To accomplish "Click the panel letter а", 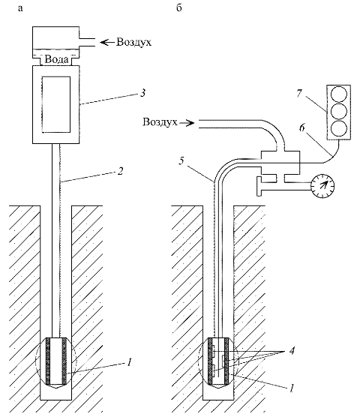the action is pyautogui.click(x=20, y=8).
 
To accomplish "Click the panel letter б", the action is pyautogui.click(x=179, y=7).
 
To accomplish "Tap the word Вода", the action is pyautogui.click(x=56, y=59).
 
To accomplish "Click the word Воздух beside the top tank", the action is pyautogui.click(x=133, y=42).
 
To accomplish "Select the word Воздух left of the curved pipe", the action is pyautogui.click(x=160, y=122).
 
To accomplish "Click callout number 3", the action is pyautogui.click(x=142, y=93).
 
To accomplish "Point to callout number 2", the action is pyautogui.click(x=121, y=171).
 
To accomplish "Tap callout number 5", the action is pyautogui.click(x=181, y=161).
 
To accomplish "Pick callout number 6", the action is pyautogui.click(x=301, y=127).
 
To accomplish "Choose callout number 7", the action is pyautogui.click(x=299, y=93).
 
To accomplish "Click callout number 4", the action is pyautogui.click(x=292, y=350).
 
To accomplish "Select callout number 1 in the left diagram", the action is pyautogui.click(x=129, y=363).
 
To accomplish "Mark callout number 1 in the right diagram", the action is pyautogui.click(x=292, y=388).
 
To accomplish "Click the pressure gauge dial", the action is pyautogui.click(x=322, y=186).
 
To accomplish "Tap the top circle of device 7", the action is pyautogui.click(x=339, y=94).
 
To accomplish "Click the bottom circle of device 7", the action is pyautogui.click(x=339, y=128).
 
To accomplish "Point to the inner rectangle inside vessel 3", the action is pyautogui.click(x=56, y=104).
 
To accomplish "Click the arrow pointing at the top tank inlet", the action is pyautogui.click(x=107, y=42).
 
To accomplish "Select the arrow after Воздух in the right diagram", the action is pyautogui.click(x=187, y=123).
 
